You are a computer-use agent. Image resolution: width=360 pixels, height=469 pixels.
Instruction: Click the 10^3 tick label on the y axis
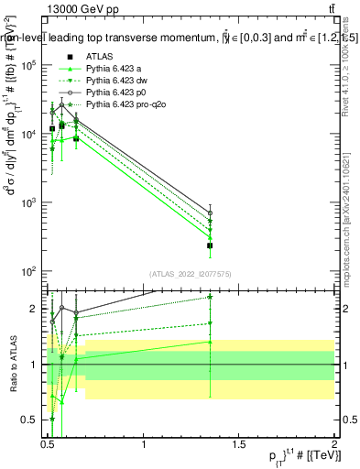(x=32, y=202)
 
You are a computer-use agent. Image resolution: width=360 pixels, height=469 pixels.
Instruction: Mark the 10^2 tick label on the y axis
(x=32, y=271)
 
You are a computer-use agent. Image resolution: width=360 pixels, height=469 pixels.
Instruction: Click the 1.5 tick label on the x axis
(x=239, y=442)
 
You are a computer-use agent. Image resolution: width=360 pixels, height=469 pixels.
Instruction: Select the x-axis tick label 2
(x=334, y=442)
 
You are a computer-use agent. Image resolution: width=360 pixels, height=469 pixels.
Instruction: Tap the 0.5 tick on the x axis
(x=49, y=442)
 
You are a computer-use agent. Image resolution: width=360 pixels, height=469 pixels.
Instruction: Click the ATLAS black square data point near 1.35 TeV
(x=210, y=245)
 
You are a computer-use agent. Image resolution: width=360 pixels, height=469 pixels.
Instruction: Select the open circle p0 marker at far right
(x=210, y=213)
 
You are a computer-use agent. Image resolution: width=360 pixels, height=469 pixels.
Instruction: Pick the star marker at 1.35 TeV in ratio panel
(x=210, y=297)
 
